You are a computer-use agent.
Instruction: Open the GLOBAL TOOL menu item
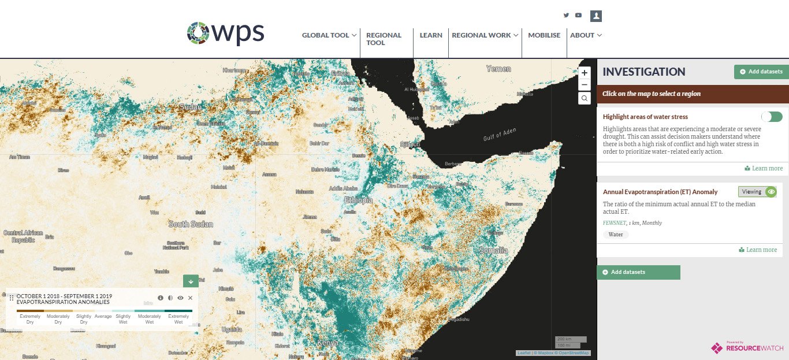330,35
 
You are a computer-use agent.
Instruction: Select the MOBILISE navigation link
544,35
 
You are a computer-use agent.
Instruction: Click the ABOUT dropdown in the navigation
586,35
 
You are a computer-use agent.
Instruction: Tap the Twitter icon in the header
566,16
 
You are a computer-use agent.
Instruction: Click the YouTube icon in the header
578,16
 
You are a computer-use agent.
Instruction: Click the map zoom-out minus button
585,85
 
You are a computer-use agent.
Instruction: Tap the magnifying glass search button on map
585,98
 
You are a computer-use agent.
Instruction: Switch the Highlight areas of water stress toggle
771,117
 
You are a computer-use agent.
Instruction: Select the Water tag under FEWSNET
616,235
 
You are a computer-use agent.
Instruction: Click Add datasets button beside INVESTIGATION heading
761,72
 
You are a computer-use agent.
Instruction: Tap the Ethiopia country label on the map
358,200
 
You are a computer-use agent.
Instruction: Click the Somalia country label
493,250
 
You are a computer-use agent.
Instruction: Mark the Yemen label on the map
498,69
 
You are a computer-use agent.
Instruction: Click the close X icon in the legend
190,298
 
